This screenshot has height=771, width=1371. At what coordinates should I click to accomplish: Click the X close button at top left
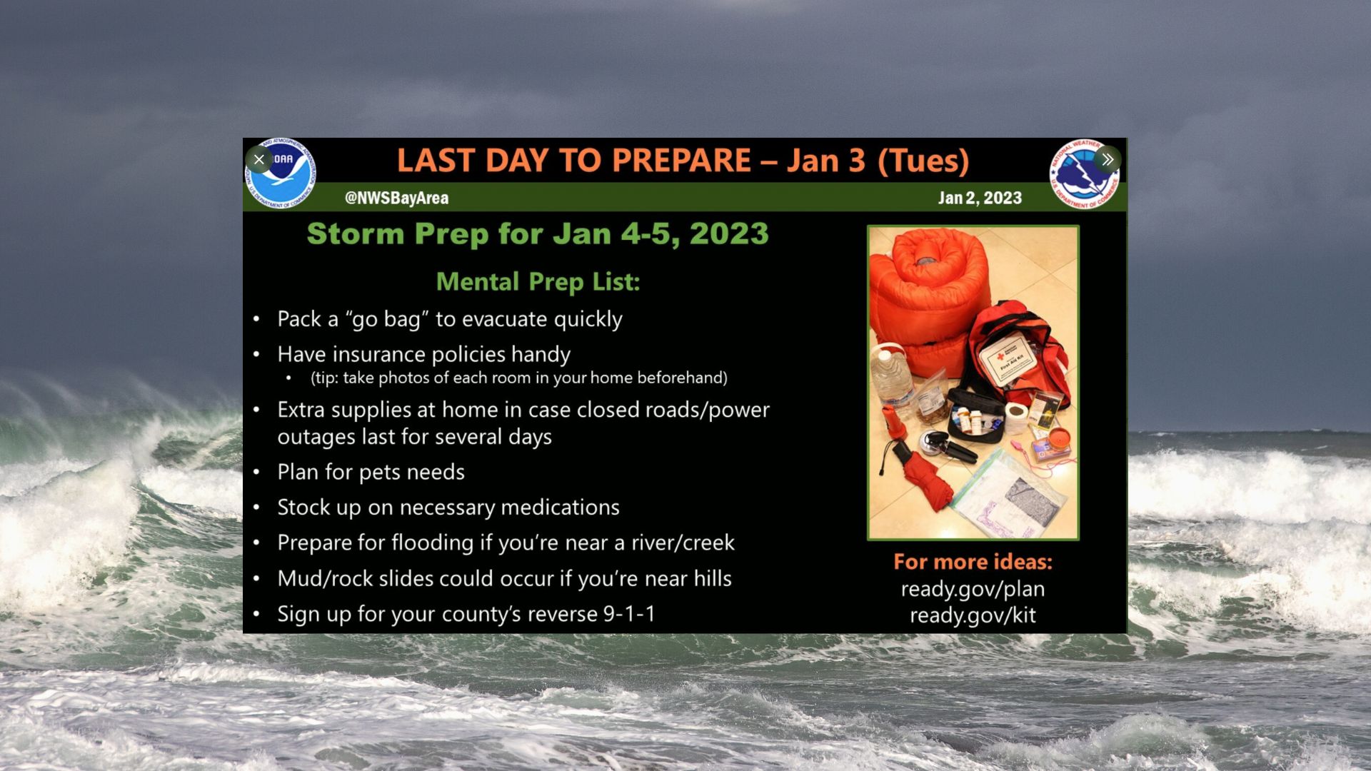coord(258,159)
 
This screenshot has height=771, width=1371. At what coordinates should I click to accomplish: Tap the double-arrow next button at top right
coord(1107,159)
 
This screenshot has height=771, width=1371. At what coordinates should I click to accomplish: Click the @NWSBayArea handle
coord(396,198)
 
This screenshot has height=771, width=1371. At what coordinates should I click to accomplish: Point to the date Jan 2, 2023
coord(980,198)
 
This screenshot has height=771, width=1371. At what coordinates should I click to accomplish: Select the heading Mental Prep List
coord(538,282)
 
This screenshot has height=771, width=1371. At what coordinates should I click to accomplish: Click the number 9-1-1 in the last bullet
coord(629,614)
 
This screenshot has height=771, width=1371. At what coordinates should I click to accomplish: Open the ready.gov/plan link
coord(973,589)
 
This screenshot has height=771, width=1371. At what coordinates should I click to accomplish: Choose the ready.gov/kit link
coord(973,615)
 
